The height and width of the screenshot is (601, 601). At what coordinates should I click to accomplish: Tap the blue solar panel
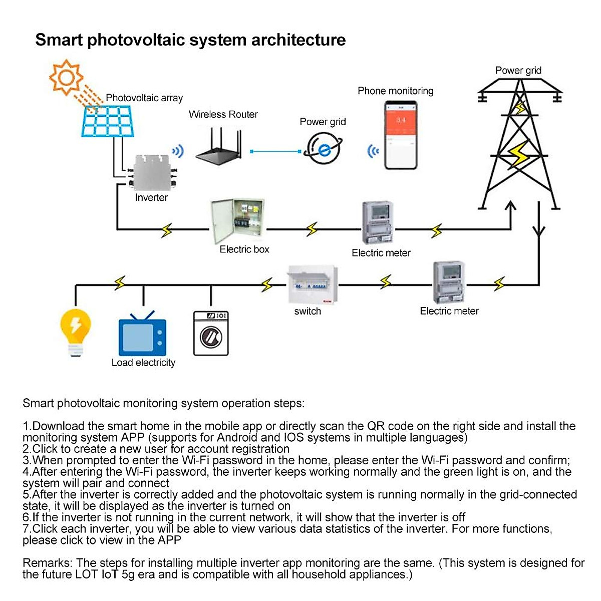[109, 121]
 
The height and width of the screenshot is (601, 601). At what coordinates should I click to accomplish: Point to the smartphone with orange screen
[401, 136]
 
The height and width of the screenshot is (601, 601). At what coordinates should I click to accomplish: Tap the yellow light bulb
[76, 331]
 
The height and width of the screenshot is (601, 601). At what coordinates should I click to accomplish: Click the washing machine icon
[211, 333]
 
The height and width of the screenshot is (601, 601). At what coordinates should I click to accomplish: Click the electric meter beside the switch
[449, 282]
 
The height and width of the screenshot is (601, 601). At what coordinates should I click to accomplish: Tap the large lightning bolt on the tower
[519, 155]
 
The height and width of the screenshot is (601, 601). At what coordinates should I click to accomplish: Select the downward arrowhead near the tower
[539, 231]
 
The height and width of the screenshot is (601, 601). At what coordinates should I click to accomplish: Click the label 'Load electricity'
[144, 363]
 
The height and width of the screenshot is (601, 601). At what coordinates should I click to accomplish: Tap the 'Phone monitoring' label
[396, 91]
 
